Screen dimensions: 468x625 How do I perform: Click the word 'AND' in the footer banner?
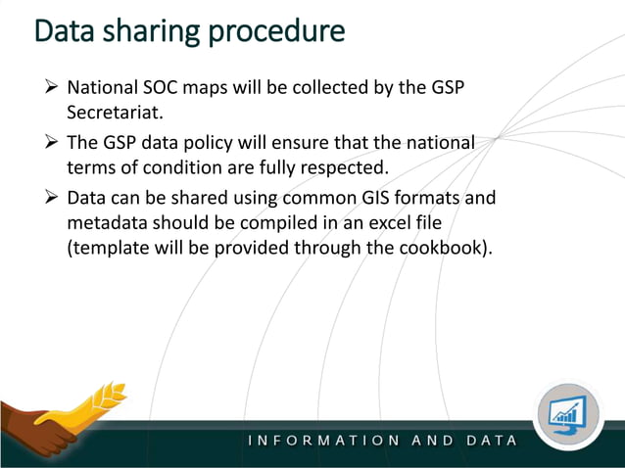[x=433, y=441]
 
